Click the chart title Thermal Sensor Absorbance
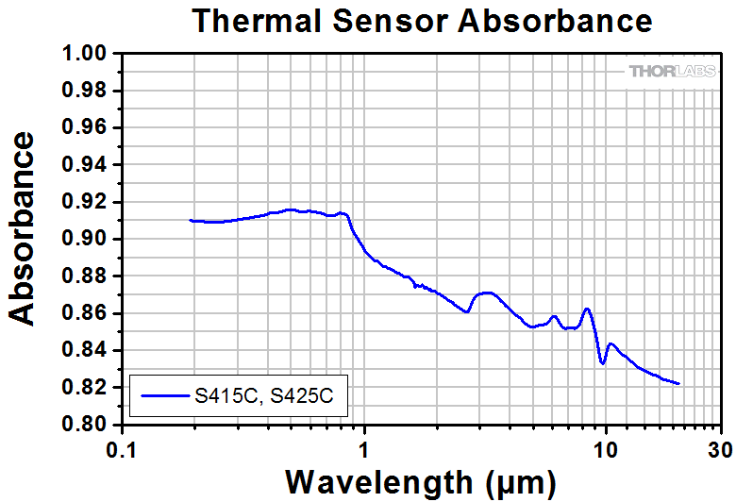[422, 21]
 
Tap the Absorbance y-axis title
[25, 228]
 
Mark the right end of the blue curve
[678, 383]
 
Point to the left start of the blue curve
[192, 220]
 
